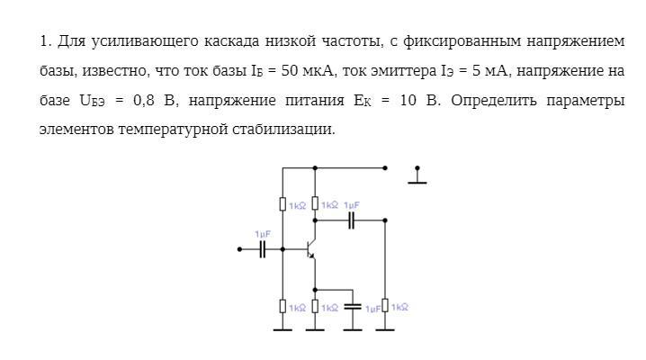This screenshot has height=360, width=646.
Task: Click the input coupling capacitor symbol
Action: coord(263,249)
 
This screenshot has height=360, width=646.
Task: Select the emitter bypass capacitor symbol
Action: coord(353,307)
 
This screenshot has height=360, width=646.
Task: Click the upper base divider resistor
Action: coord(283,204)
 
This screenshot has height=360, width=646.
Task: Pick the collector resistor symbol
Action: coord(315,204)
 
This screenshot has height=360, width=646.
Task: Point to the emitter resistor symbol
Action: coord(315,307)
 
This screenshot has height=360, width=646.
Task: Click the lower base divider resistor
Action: coord(283,307)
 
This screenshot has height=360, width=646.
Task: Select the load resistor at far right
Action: coord(385,307)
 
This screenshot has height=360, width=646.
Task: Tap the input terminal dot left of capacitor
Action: coord(239,249)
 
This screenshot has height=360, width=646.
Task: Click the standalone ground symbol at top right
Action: coord(417,176)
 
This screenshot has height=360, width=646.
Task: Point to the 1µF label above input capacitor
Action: coord(263,234)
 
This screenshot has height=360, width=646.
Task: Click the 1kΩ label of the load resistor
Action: coord(400,307)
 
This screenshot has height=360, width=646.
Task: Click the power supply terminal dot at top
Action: coord(385,167)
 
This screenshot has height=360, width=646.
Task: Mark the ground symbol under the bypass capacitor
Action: coord(353,328)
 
